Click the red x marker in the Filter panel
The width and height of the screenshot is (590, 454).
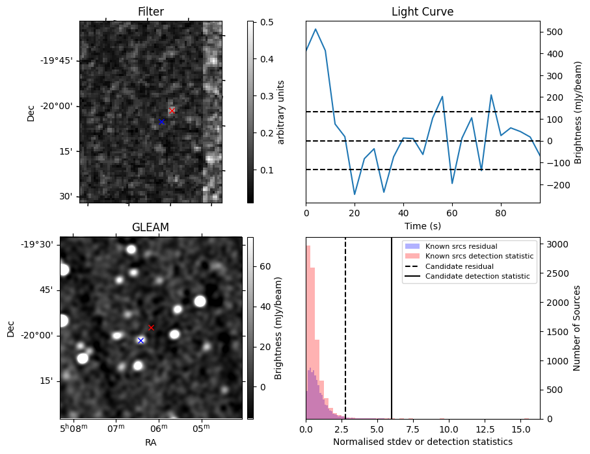[x=172, y=110]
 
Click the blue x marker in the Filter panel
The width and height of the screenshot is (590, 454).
[x=162, y=121]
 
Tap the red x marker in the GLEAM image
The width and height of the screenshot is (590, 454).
[x=152, y=327]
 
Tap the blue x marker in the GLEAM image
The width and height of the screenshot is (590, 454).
[x=141, y=340]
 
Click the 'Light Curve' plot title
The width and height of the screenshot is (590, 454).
[x=422, y=12]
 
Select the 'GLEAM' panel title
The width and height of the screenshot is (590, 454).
[x=150, y=227]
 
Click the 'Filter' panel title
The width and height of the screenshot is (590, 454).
[x=150, y=12]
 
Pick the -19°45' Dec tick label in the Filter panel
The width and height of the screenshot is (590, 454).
[x=57, y=60]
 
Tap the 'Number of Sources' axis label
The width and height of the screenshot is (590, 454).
[x=577, y=328]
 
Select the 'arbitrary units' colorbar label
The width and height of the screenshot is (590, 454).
[x=281, y=112]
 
